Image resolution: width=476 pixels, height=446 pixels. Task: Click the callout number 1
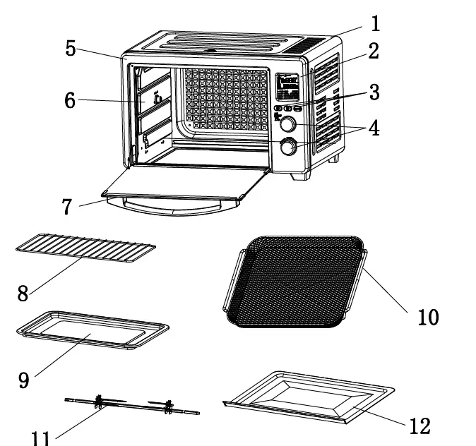coord(375,23)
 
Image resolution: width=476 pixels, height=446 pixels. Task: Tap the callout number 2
coord(373,51)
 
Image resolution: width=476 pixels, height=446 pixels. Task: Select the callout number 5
coord(71,48)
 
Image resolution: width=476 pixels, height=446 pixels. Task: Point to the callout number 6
coord(69,100)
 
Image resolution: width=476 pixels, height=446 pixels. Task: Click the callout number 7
coord(67,207)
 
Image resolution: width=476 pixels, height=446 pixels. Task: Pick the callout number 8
coord(23,293)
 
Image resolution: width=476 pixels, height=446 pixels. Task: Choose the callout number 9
coord(24,380)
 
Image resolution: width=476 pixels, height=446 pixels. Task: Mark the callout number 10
coord(427,317)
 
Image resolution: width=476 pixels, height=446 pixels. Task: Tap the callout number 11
coord(40,438)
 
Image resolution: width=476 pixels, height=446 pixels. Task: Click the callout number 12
coord(419,426)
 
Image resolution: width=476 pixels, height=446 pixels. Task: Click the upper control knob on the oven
coord(288,125)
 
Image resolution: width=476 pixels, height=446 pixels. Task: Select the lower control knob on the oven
coord(288,147)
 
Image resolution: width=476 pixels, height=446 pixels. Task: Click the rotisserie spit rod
coord(131,405)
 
